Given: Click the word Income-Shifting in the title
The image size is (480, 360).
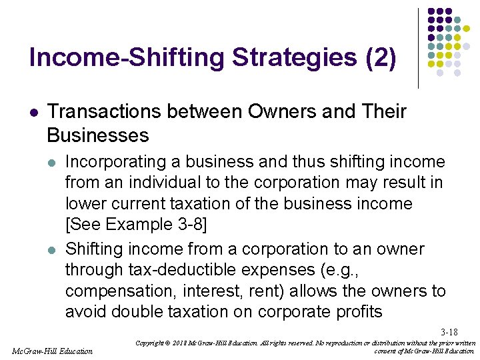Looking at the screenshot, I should [127, 58].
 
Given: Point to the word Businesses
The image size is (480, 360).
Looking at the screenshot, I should [98, 135].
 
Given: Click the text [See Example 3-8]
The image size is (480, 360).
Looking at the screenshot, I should [137, 224].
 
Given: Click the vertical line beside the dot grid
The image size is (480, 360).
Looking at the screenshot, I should [418, 48].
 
